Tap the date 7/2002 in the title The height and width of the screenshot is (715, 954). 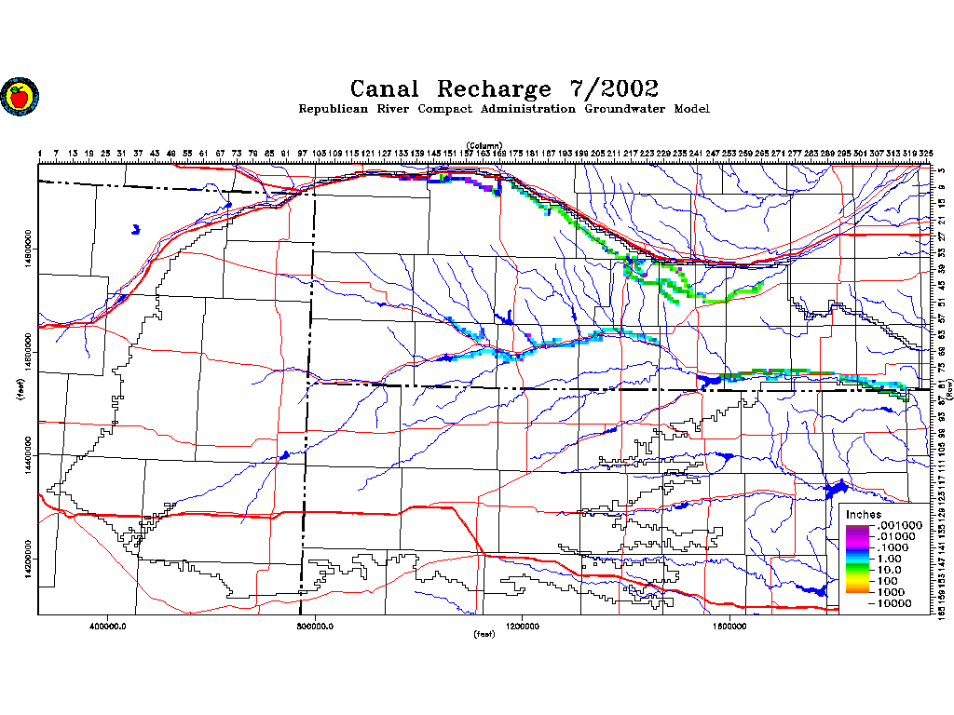(613, 89)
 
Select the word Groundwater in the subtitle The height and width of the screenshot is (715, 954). (626, 109)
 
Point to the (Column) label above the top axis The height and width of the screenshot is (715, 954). (484, 145)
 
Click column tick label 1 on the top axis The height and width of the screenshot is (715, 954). (40, 153)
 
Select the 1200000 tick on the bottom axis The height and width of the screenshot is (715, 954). (523, 626)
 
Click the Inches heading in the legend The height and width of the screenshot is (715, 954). (863, 515)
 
